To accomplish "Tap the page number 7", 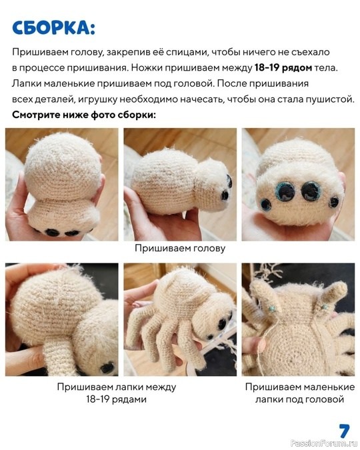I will click(344, 429).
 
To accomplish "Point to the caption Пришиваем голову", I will click(180, 248).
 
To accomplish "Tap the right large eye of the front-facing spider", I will click(311, 191).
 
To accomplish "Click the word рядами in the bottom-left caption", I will click(131, 399).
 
